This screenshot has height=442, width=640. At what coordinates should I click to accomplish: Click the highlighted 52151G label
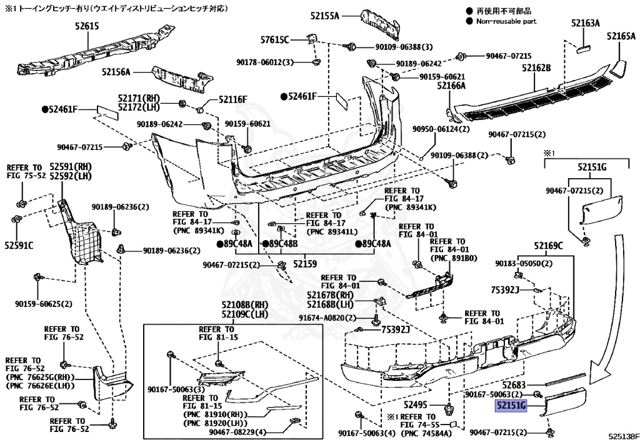[x=512, y=406]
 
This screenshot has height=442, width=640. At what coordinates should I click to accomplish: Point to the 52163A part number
[x=584, y=23]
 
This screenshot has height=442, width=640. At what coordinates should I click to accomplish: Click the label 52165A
[x=620, y=37]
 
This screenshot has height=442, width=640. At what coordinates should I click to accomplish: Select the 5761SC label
[x=275, y=40]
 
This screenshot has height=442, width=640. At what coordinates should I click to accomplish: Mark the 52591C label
[x=19, y=245]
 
